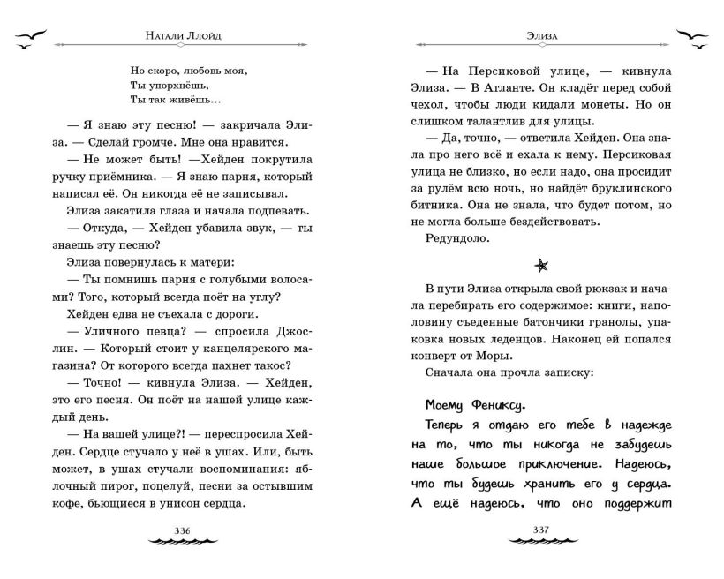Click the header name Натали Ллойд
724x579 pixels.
[184, 38]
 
